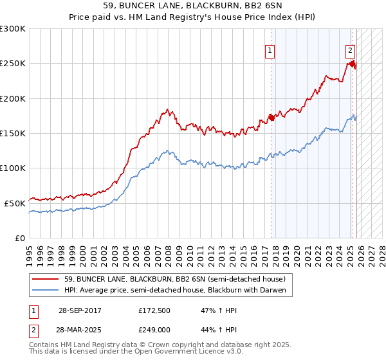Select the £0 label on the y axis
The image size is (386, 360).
click(19, 237)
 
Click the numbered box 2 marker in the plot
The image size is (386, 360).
click(350, 50)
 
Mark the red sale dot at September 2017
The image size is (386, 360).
click(271, 117)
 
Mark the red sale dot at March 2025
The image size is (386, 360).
click(352, 64)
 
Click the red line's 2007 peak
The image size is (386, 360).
click(167, 110)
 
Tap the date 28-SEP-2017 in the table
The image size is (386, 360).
click(79, 310)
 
